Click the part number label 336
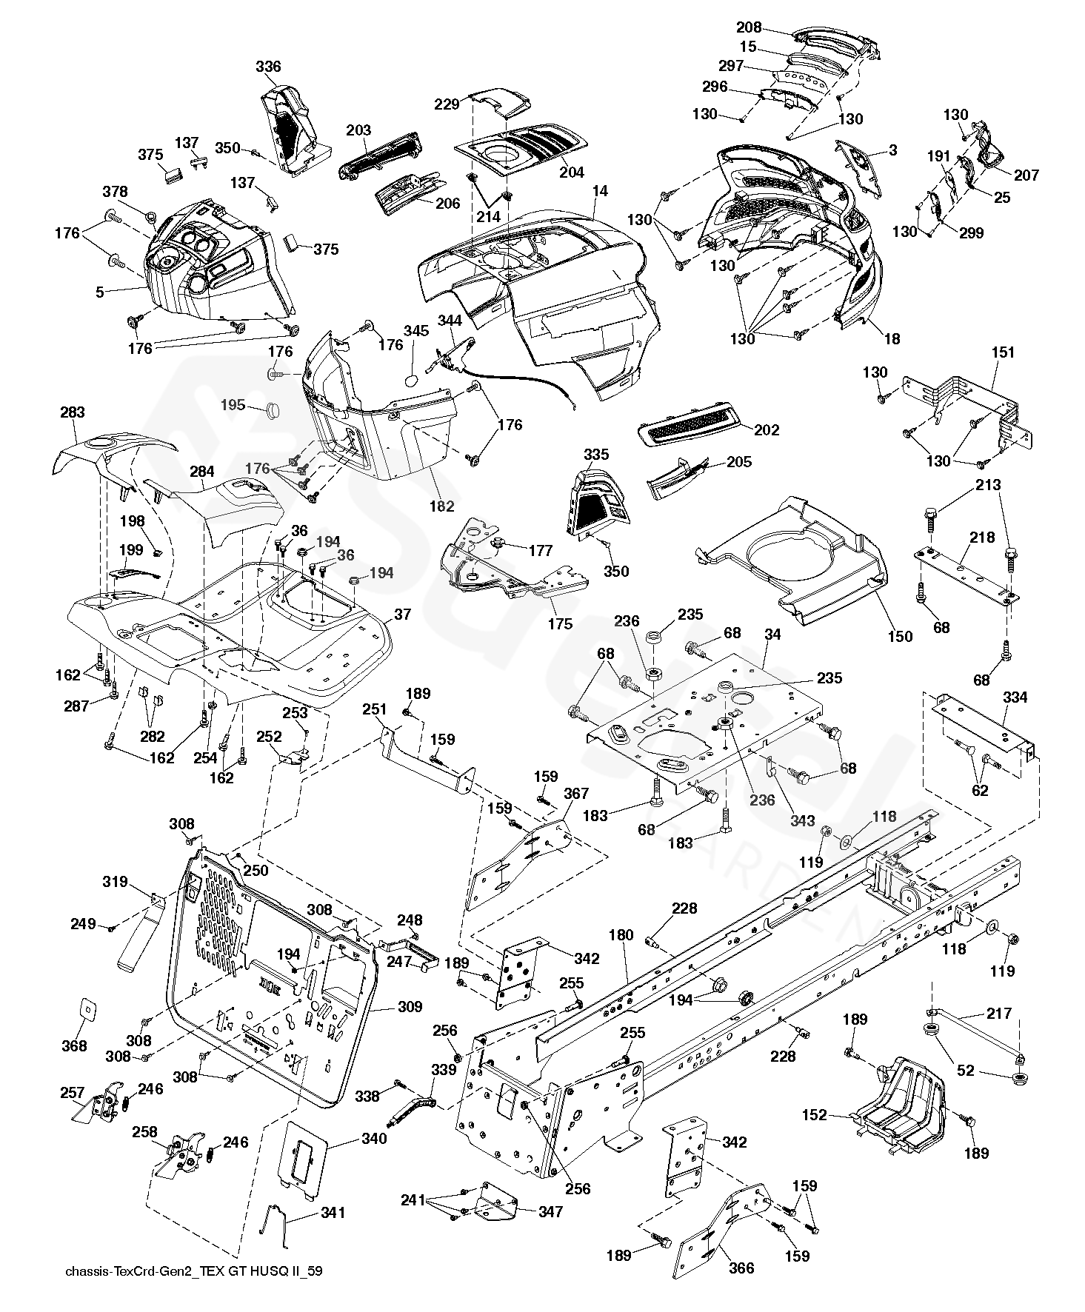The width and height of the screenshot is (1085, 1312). tap(268, 67)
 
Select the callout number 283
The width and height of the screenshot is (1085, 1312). tap(73, 412)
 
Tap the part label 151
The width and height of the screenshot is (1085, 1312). tap(1003, 352)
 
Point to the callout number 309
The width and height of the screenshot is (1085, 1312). tap(410, 1006)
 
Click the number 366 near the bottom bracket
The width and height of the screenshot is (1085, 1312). tap(741, 1268)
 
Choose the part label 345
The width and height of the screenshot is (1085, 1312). tap(416, 331)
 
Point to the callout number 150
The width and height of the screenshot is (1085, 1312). tap(901, 636)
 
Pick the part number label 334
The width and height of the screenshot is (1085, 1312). tap(1015, 697)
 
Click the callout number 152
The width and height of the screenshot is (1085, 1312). tap(815, 1114)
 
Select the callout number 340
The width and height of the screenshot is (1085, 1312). tap(374, 1138)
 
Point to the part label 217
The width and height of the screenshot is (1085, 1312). tap(998, 1014)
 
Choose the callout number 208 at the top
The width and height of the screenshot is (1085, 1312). tap(749, 27)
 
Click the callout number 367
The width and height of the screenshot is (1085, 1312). tap(576, 794)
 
